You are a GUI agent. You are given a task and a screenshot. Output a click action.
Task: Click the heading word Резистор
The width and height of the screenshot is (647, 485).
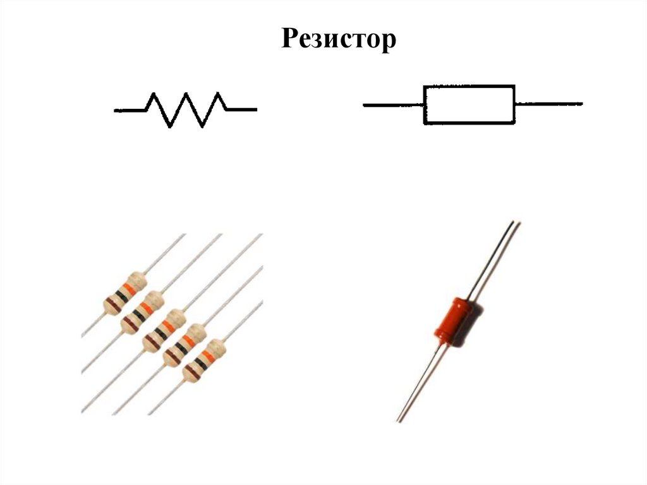pyautogui.click(x=339, y=40)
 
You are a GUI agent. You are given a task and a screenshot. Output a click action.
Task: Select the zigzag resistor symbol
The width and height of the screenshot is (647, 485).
pyautogui.click(x=186, y=109)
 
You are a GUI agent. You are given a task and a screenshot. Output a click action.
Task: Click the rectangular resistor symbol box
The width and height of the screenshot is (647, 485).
pyautogui.click(x=469, y=104)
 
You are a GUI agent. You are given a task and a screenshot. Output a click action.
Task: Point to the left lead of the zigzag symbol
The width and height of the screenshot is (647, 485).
pyautogui.click(x=129, y=111)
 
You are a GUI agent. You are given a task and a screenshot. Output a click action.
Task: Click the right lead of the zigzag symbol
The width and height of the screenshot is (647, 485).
pyautogui.click(x=242, y=110)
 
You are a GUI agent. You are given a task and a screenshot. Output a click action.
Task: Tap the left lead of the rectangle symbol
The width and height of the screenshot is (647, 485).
pyautogui.click(x=392, y=105)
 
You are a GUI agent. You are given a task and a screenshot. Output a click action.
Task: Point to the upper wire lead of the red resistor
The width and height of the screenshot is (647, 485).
pyautogui.click(x=499, y=253)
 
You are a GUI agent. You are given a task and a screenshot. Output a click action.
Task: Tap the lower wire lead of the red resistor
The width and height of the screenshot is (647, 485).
pyautogui.click(x=417, y=386)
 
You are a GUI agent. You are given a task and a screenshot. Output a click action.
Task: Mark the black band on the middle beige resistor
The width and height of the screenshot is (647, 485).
pyautogui.click(x=161, y=333)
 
